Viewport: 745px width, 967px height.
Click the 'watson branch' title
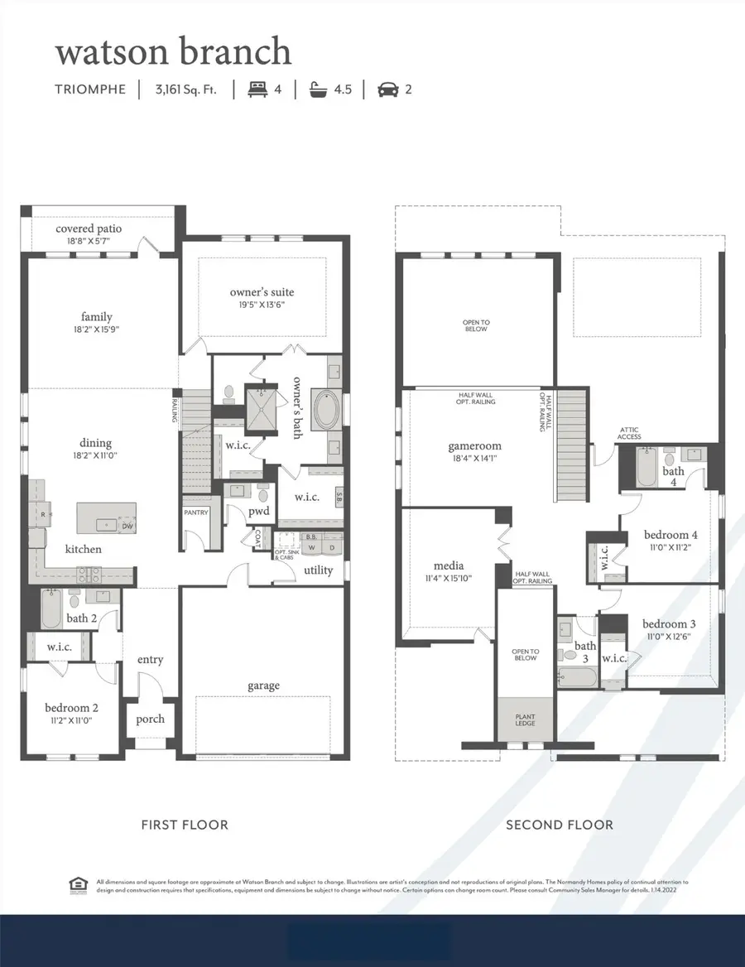[173, 51]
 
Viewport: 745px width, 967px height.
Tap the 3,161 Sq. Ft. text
[185, 89]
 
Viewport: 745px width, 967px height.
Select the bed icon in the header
[257, 89]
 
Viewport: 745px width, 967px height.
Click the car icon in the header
[387, 89]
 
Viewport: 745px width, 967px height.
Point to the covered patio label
[89, 229]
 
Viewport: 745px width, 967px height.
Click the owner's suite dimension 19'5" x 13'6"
[262, 305]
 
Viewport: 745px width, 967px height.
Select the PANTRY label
[196, 512]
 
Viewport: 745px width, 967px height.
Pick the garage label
[263, 686]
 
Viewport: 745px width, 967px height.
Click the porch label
[150, 719]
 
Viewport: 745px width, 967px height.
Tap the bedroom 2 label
[71, 708]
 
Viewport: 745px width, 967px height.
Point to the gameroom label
[475, 445]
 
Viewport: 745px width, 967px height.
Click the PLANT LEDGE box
[526, 719]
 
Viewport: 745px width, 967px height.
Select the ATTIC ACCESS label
[629, 433]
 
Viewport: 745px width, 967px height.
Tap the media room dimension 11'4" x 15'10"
[447, 579]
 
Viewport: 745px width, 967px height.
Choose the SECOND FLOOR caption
[560, 825]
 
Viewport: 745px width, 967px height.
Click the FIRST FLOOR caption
[185, 825]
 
